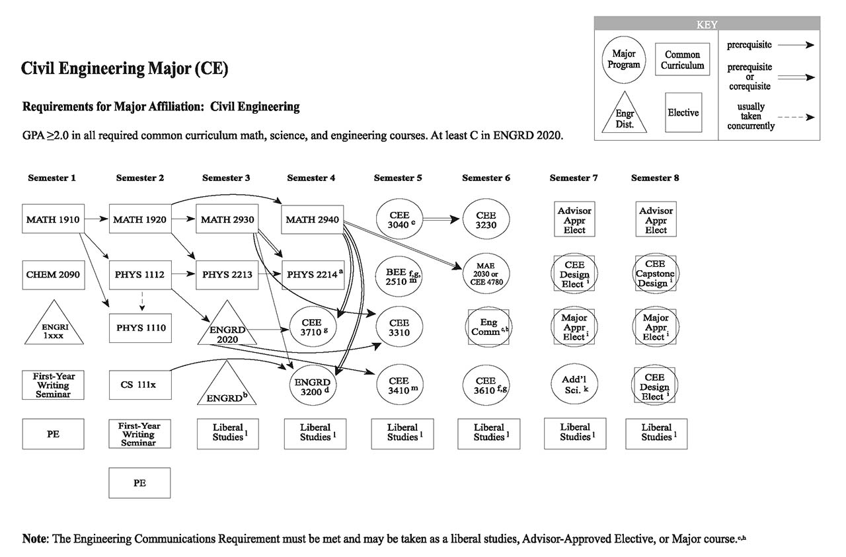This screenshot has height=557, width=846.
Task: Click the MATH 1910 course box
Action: [x=53, y=219]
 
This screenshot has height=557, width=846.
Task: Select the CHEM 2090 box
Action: [x=53, y=274]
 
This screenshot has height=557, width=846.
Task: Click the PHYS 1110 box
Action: [x=139, y=328]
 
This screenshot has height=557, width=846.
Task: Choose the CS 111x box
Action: [x=139, y=385]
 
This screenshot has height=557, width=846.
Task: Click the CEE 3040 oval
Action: [x=400, y=219]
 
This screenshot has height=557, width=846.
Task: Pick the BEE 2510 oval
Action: [x=400, y=274]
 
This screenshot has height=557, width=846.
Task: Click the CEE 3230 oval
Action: [x=486, y=219]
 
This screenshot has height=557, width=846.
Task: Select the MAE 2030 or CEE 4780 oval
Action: [x=486, y=274]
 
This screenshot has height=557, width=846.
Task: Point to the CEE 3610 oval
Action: [x=486, y=385]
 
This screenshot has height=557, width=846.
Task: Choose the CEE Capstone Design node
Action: [x=656, y=274]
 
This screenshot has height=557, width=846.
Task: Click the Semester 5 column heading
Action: [x=399, y=178]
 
